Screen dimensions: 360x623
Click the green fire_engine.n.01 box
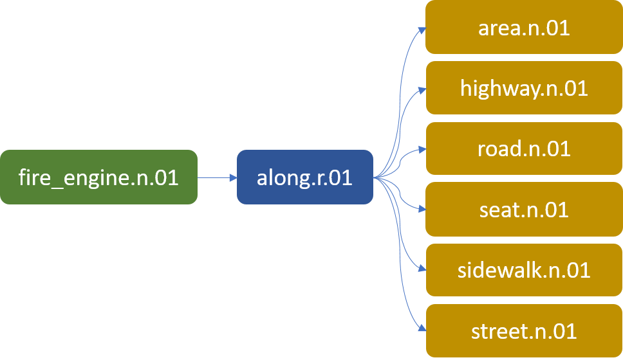point(98,177)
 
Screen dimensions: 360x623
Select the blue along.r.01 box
point(304,177)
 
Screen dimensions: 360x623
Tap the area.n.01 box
point(524,28)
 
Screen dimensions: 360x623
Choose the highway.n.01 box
point(524,88)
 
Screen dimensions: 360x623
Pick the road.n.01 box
point(524,148)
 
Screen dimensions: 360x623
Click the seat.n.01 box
point(524,210)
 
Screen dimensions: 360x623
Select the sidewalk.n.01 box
point(524,270)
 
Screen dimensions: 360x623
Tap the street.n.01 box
point(524,331)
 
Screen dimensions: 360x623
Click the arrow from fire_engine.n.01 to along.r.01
point(216,177)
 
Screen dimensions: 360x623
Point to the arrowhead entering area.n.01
point(422,28)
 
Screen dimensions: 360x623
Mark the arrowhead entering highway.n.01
point(422,89)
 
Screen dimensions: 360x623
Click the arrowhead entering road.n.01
point(422,149)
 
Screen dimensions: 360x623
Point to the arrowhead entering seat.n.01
point(422,210)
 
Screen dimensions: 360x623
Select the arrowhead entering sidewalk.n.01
point(422,270)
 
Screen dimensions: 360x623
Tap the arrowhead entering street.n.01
point(422,330)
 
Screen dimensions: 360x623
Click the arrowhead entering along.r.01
point(233,177)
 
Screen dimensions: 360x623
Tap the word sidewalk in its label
point(498,270)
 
